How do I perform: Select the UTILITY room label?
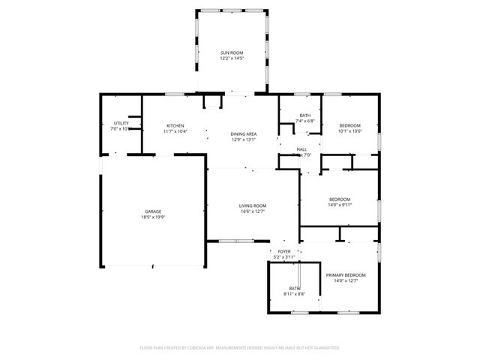[x=121, y=123]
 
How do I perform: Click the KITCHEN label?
[x=175, y=125]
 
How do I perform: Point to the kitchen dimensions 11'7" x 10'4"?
[x=175, y=131]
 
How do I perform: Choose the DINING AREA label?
[x=244, y=133]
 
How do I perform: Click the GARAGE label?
[x=153, y=211]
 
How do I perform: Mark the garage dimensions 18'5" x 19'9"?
[x=153, y=217]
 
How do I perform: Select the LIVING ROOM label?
[x=253, y=205]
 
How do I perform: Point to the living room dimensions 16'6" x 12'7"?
[x=253, y=211]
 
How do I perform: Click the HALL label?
[x=301, y=149]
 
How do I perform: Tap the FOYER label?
[x=284, y=251]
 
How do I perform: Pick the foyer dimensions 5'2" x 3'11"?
[x=284, y=257]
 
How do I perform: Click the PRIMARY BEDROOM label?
[x=346, y=275]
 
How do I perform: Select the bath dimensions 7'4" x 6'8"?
[x=304, y=121]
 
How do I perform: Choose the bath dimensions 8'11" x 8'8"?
[x=295, y=294]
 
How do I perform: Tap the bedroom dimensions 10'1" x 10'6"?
[x=350, y=131]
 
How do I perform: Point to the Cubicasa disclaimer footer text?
[x=240, y=348]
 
